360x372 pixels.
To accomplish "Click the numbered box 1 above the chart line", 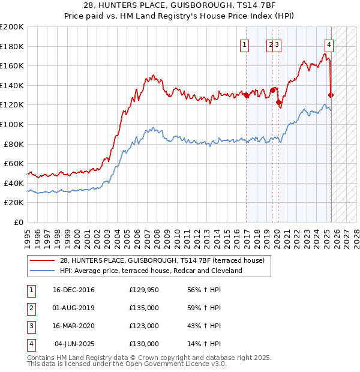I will coord(245,44).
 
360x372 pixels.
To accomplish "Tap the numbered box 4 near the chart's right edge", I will coord(329,44).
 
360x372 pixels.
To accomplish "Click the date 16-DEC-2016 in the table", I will coord(74,290).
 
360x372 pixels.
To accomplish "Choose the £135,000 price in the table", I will coord(144,308).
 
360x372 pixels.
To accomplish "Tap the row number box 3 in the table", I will coord(31,326).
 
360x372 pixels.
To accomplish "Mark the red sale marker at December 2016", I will coord(246,95).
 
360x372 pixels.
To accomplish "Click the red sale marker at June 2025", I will coord(331,95).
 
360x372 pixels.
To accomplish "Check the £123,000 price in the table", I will coord(144,326).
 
